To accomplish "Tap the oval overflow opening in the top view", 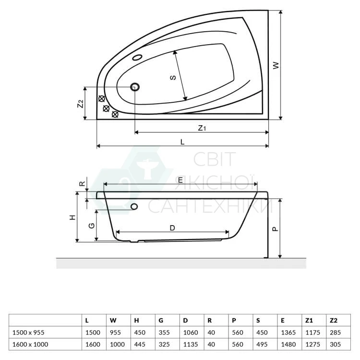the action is pos(137,57).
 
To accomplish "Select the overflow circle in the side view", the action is pos(134,206).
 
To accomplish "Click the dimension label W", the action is pos(276,65).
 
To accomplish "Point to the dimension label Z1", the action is pos(202,128).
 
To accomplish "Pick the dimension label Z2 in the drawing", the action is pos(80,104).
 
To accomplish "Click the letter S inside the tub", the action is pos(173,77).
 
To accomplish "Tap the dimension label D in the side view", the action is pos(172,228).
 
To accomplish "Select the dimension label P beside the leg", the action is pos(275,229).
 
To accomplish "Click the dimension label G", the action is pos(91,226).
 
